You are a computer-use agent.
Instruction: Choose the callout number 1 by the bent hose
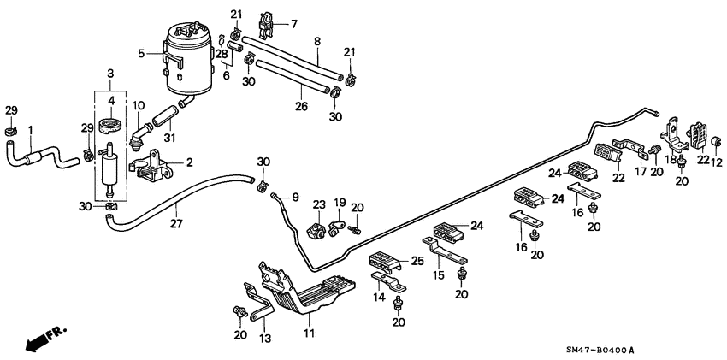pos(30,130)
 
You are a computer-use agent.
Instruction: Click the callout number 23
pos(318,204)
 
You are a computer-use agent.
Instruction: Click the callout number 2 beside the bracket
pos(188,161)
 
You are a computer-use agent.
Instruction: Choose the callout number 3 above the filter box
pos(109,76)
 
